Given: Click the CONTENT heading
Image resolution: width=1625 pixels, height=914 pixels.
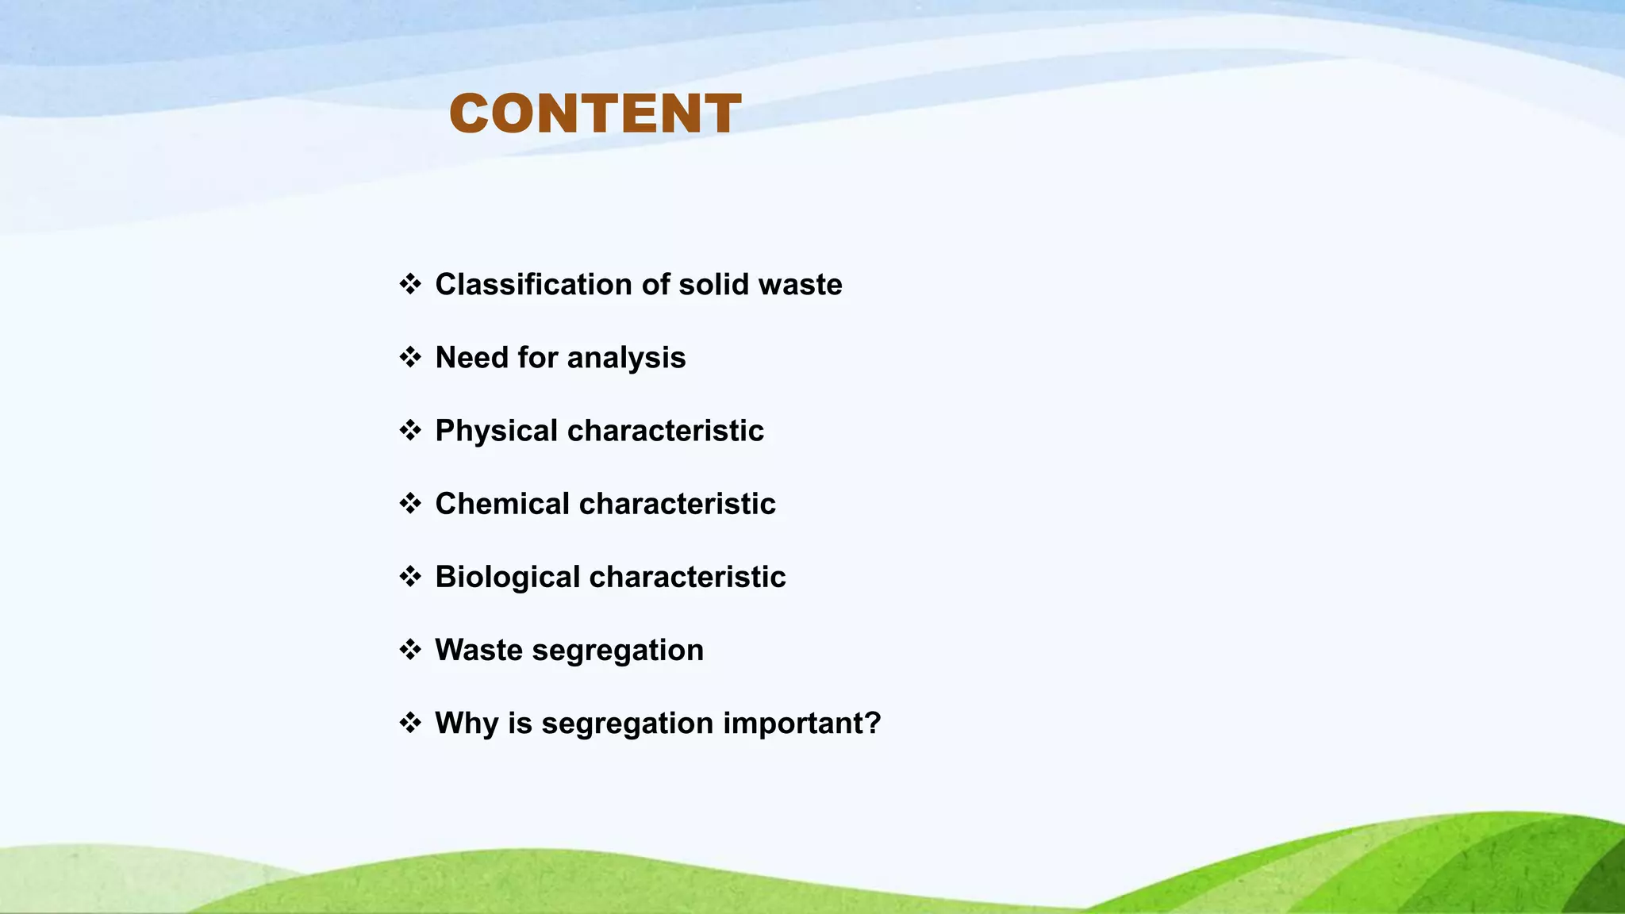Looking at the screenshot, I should (x=595, y=113).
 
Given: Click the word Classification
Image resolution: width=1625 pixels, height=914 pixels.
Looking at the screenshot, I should (x=533, y=284).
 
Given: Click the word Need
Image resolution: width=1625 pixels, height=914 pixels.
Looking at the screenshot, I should (x=471, y=357).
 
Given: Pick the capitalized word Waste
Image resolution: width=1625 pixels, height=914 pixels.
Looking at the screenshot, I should (x=478, y=650).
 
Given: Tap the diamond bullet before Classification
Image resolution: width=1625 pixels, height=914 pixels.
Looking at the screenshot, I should (x=410, y=283).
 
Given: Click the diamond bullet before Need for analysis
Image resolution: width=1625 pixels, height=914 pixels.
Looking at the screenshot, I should (x=410, y=357).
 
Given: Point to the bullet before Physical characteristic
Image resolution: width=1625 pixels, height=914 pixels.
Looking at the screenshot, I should (x=410, y=430).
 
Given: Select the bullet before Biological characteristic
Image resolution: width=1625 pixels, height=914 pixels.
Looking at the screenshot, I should (x=410, y=576).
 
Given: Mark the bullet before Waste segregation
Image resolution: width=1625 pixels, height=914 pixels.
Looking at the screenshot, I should (x=410, y=650).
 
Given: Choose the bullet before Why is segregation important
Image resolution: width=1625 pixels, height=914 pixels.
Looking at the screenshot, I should (x=410, y=723).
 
